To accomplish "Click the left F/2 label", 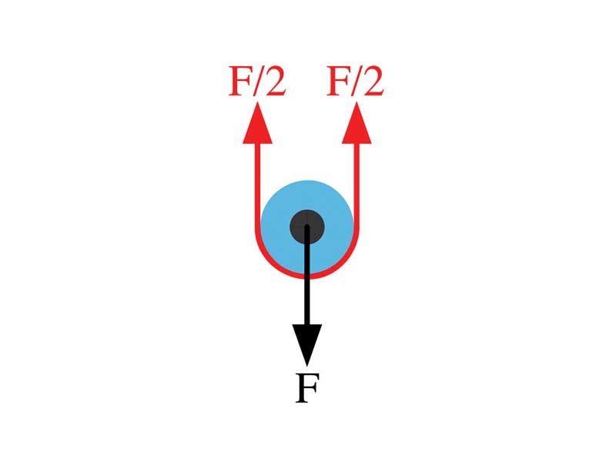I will tap(257, 80).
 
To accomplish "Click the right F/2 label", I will tap(355, 80).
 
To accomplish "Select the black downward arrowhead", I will tap(306, 342).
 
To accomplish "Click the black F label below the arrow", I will tap(306, 389).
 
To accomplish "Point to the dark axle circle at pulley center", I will tap(306, 226).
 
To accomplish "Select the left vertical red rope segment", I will tap(257, 185).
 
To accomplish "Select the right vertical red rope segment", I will tap(357, 185).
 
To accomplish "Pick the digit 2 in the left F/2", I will tap(274, 81).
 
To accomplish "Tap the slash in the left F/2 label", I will tap(257, 81).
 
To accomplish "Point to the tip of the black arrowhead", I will tap(306, 364).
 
